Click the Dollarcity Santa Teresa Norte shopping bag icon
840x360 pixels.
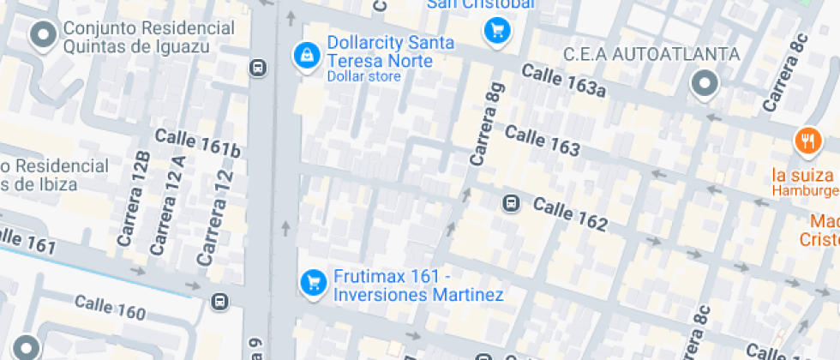(x=305, y=56)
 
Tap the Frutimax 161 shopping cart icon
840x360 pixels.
(x=314, y=281)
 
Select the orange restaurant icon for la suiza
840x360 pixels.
(x=807, y=141)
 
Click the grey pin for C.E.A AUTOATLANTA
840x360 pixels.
(x=705, y=84)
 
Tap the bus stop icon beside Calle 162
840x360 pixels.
(x=511, y=203)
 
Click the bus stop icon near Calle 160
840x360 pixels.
(x=220, y=301)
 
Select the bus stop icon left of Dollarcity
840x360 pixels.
(x=257, y=67)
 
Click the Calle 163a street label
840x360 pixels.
(x=562, y=81)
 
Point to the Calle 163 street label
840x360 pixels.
(x=543, y=141)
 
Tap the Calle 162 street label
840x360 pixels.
(x=570, y=214)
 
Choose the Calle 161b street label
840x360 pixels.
(x=197, y=143)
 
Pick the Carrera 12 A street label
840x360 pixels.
(x=167, y=206)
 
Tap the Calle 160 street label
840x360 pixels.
(x=110, y=308)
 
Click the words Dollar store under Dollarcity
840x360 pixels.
(x=363, y=76)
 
